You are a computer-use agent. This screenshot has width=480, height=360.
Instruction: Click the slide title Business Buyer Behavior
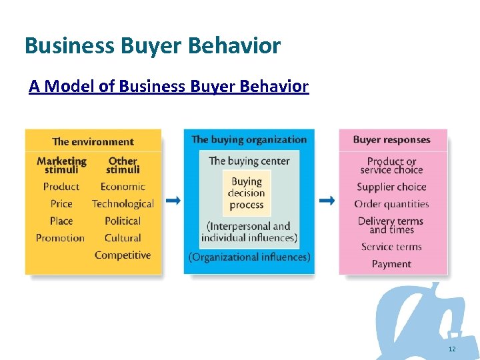[153, 46]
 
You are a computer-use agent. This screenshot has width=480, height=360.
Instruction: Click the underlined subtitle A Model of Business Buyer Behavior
[169, 87]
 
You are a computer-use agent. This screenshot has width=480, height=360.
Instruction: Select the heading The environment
[93, 141]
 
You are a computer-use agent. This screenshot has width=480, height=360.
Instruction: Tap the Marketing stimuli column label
[61, 165]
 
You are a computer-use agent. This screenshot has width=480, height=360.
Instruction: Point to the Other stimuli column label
[123, 165]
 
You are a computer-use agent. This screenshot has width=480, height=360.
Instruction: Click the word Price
[61, 204]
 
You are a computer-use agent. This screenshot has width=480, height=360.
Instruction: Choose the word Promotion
[60, 238]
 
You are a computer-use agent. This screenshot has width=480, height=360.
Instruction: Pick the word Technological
[123, 204]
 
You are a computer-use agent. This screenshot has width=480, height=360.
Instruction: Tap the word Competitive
[123, 255]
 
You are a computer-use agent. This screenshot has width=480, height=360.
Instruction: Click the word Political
[123, 221]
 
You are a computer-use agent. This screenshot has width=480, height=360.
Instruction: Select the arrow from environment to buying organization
[173, 201]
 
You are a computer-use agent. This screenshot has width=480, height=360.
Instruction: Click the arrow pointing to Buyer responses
[327, 201]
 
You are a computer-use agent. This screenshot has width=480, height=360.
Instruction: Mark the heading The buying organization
[249, 139]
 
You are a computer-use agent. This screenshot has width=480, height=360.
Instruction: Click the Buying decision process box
[247, 193]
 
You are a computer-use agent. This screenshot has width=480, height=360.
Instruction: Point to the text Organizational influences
[249, 257]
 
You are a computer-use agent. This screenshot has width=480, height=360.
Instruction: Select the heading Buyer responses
[391, 139]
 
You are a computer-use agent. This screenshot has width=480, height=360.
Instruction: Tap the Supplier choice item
[391, 187]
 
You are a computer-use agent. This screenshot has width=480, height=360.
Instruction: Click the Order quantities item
[391, 204]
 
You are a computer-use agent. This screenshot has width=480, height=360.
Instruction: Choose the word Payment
[391, 264]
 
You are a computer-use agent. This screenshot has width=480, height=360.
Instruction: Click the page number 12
[452, 349]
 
